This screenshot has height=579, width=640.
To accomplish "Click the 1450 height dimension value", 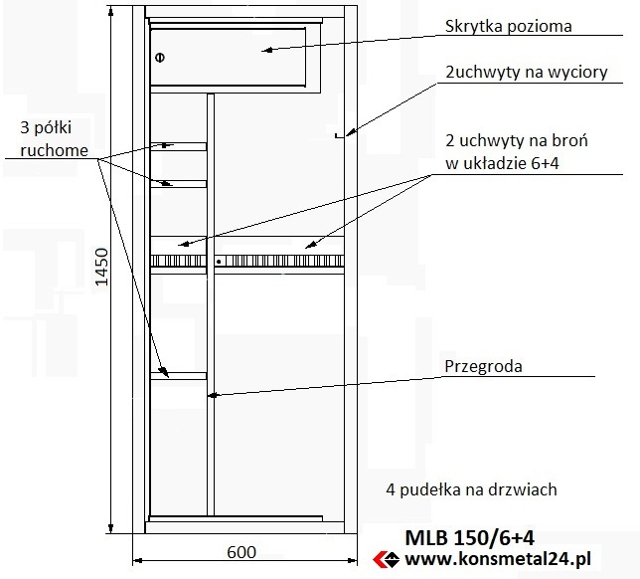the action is (x=101, y=267).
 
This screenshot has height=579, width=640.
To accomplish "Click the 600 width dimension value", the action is (x=241, y=552).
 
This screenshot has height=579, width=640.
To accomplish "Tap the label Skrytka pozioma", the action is (x=508, y=26).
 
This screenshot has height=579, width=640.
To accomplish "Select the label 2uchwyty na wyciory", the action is (x=526, y=73).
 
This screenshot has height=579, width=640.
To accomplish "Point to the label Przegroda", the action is (x=483, y=366).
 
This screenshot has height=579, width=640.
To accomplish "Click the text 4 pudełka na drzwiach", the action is (x=471, y=489).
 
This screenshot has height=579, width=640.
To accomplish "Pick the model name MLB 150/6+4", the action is (x=469, y=538).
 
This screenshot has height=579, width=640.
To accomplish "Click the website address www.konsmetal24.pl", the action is (x=498, y=558).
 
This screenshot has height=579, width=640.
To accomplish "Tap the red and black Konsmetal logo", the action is (x=387, y=559).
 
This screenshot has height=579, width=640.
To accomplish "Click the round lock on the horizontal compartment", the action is (x=160, y=58).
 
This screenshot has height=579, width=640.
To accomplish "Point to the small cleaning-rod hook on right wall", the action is (x=338, y=135).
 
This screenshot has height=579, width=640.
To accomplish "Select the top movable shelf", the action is (x=178, y=146).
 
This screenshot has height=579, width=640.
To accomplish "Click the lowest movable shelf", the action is (x=178, y=376).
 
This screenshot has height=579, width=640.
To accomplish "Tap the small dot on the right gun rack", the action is (x=219, y=262).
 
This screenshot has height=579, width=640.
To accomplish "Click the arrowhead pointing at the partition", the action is (x=213, y=395).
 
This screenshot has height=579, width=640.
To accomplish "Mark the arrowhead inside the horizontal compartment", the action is (x=267, y=51).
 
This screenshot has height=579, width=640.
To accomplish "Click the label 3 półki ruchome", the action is (x=54, y=139).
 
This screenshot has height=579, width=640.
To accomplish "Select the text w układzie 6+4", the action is (x=502, y=163).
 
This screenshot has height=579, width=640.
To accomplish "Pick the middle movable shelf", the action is (x=178, y=184).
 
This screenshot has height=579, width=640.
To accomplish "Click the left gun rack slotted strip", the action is (x=178, y=261).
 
